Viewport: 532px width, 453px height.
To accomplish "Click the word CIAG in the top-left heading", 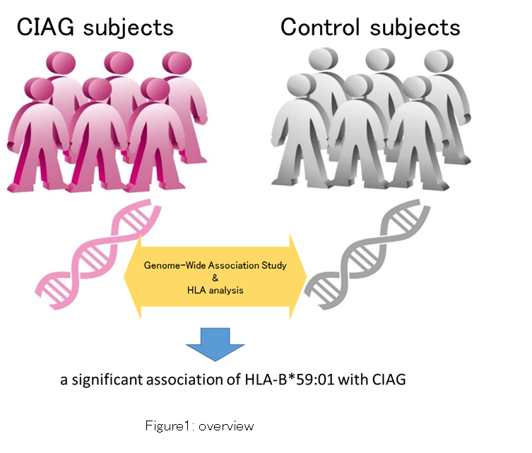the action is point(45,27).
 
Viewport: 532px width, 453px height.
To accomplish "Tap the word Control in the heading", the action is point(319,27).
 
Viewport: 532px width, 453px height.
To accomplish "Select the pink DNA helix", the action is point(98,254).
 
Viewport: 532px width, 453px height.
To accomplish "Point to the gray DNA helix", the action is point(367,254).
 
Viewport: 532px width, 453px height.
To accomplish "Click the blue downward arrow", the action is point(215,344).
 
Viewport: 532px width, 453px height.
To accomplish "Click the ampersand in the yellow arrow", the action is point(215,278).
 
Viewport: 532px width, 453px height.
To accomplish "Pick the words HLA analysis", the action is point(215,291).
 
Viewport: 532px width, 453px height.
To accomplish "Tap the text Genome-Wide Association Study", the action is point(215,265).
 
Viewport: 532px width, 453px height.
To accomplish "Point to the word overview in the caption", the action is point(226,426).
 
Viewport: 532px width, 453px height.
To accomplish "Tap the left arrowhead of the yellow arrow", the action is point(132,277).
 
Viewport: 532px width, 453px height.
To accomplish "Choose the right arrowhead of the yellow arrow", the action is point(298,277).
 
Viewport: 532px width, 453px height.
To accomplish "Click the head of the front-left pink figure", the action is point(39,89).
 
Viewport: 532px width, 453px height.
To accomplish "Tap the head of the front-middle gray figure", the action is point(358,86).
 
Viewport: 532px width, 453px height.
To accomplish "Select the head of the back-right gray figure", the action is point(439,61).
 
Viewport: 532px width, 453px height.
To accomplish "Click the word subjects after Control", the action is point(415,28).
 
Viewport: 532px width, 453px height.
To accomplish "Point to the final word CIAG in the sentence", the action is point(389,380).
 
